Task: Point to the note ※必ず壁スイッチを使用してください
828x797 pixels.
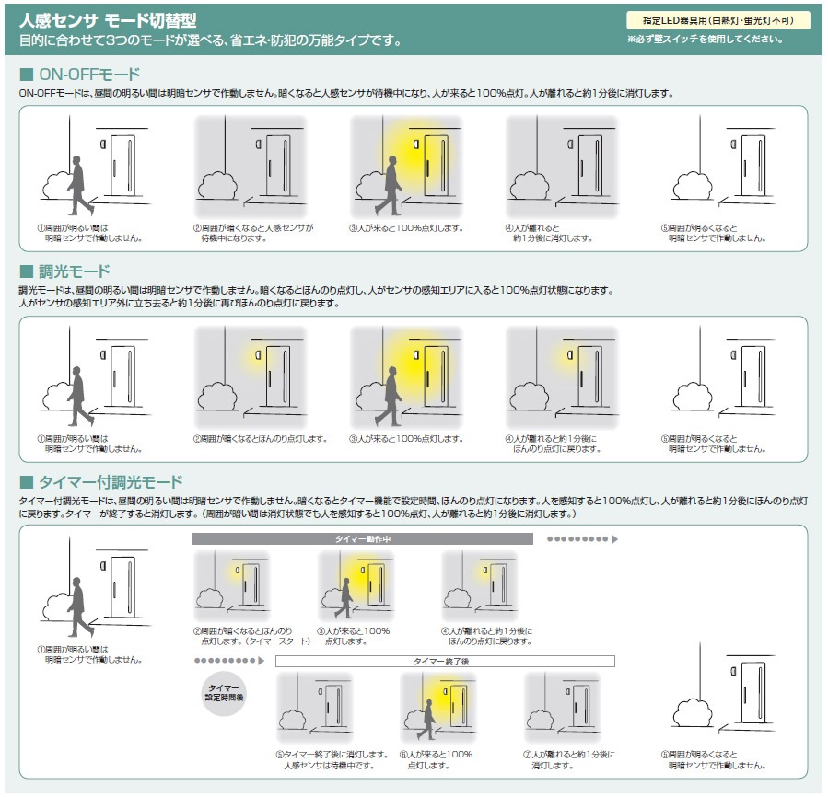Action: pyautogui.click(x=706, y=40)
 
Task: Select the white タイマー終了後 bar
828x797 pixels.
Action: pyautogui.click(x=444, y=661)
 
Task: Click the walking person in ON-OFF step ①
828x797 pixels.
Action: pyautogui.click(x=79, y=184)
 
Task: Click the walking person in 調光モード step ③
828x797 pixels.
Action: pyautogui.click(x=392, y=396)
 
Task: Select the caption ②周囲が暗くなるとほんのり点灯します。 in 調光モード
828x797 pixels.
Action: pyautogui.click(x=261, y=439)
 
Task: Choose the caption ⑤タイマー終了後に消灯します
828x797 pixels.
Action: pyautogui.click(x=327, y=759)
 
